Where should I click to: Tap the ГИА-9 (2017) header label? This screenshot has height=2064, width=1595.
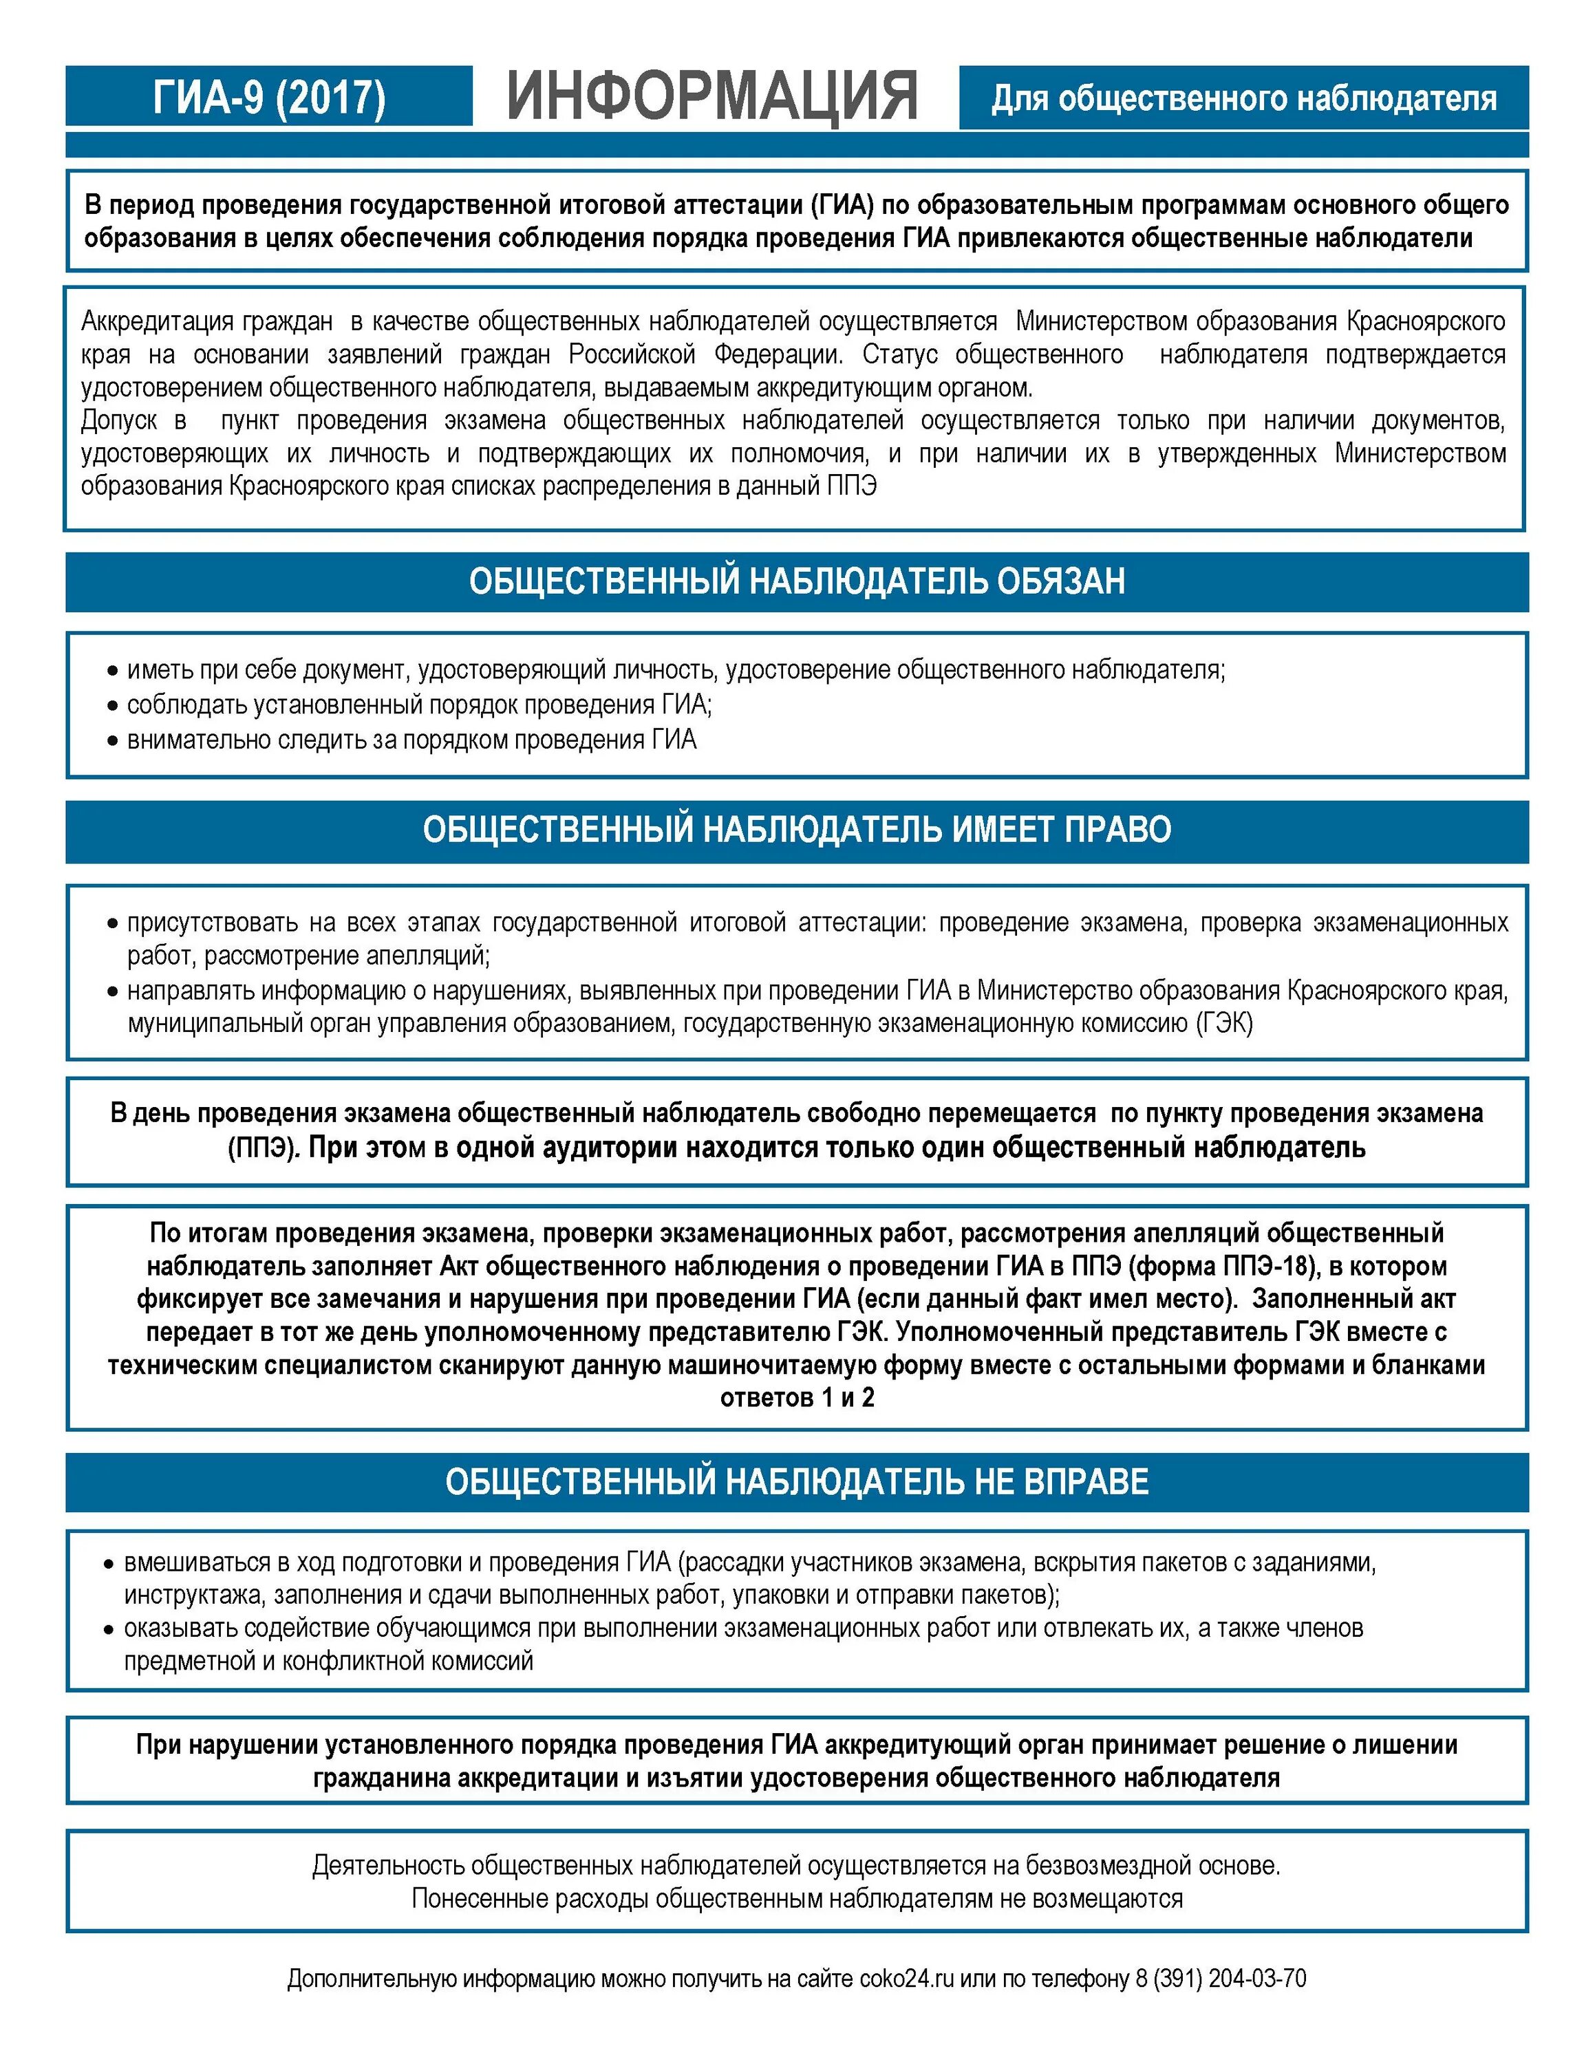[x=269, y=97]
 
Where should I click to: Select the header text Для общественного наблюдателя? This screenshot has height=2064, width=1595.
[x=1243, y=98]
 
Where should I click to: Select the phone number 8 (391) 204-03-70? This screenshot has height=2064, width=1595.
[x=1221, y=1978]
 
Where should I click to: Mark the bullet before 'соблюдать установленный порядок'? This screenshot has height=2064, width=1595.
[x=112, y=706]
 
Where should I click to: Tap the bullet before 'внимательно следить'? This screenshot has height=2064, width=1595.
[x=112, y=741]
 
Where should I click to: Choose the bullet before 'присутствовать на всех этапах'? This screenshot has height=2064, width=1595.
[x=112, y=923]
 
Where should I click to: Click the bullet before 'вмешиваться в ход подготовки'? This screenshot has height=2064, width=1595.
[x=109, y=1564]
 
